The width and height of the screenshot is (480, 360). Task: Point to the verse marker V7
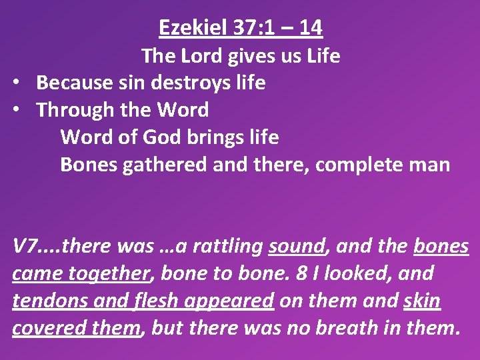(x=25, y=247)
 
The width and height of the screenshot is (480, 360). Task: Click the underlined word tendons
(x=45, y=301)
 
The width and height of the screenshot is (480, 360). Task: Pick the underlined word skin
(x=422, y=301)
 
